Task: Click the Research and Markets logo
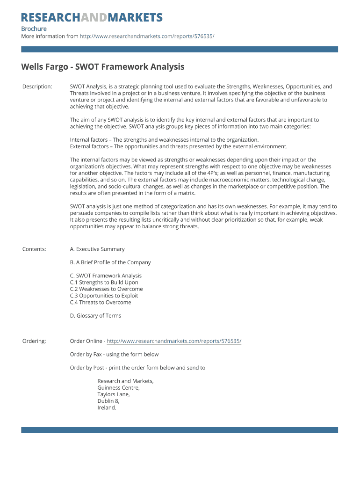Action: coord(92,18)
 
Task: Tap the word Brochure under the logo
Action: coord(34,29)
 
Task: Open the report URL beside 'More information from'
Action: coord(147,36)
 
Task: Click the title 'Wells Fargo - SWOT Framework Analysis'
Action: coord(103,67)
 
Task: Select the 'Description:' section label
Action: coord(37,87)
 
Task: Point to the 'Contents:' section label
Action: coord(34,249)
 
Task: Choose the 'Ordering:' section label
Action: coord(34,341)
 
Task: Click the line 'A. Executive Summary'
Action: coord(97,249)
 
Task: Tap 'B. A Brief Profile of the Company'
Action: coord(110,262)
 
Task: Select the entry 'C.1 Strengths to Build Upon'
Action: coord(104,283)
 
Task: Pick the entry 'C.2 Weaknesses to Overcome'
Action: coord(106,289)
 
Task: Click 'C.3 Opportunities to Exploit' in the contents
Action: coord(104,296)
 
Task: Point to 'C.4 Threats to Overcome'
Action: coord(101,302)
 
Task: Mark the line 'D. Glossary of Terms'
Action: coord(95,316)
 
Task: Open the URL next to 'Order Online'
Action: coord(174,341)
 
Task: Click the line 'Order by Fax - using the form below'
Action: coord(114,354)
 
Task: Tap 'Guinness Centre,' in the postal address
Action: coord(118,388)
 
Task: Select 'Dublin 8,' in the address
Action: coord(108,401)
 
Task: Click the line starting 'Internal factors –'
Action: coord(164,140)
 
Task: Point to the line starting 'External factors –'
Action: coord(179,146)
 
